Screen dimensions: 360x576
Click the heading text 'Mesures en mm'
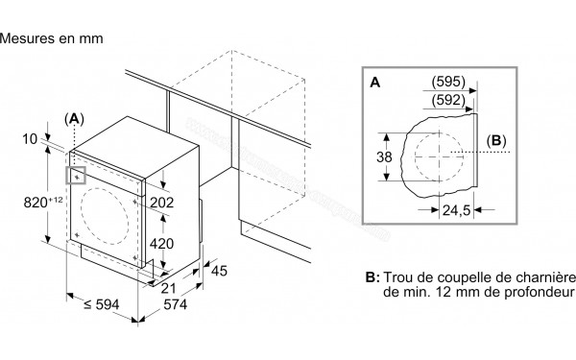point(51,38)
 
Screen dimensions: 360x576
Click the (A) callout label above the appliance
point(74,118)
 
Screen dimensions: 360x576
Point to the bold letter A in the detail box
point(375,84)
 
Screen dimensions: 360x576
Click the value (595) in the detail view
point(448,81)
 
